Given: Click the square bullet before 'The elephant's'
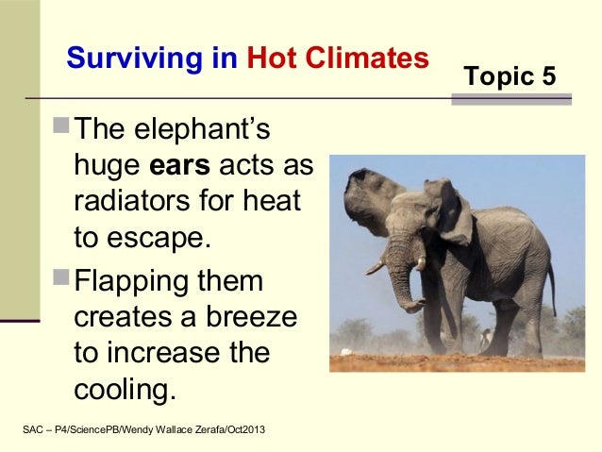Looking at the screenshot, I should [x=63, y=126].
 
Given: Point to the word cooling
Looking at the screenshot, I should [x=123, y=387].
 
